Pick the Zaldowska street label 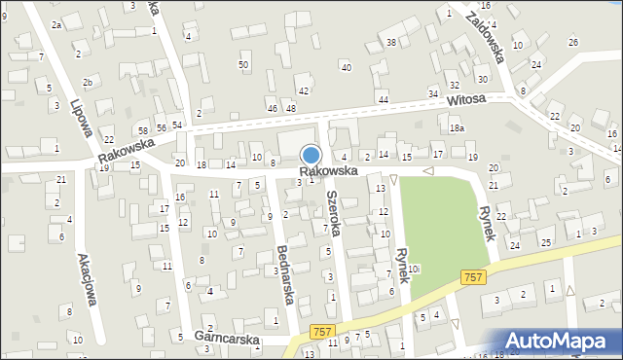(484, 36)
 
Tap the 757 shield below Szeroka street (324, 333)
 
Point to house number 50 (243, 64)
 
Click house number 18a (457, 128)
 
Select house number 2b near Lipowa (88, 82)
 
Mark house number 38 (390, 42)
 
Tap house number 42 (304, 90)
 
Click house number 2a (56, 25)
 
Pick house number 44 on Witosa (384, 99)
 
